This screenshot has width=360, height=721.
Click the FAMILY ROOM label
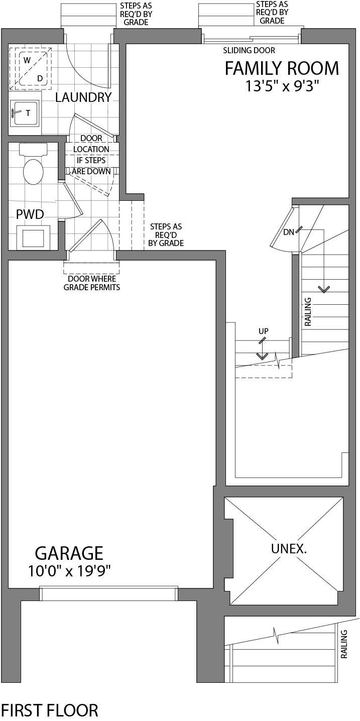[282, 68]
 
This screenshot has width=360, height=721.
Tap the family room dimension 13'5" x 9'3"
[282, 86]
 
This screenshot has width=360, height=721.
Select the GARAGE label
[69, 553]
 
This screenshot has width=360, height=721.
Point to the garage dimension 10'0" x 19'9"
[69, 571]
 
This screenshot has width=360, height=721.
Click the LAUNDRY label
[83, 97]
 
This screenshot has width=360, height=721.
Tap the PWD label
[30, 214]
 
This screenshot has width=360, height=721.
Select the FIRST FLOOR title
[49, 710]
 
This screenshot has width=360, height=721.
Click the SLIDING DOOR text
[249, 51]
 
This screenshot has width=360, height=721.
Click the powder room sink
[33, 237]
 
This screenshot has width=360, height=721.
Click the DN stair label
[289, 232]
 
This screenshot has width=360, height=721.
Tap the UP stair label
[263, 331]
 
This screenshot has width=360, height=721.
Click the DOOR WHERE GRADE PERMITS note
[91, 283]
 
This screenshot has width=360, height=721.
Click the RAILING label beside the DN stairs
[308, 312]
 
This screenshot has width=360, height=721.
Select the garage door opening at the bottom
[108, 593]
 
